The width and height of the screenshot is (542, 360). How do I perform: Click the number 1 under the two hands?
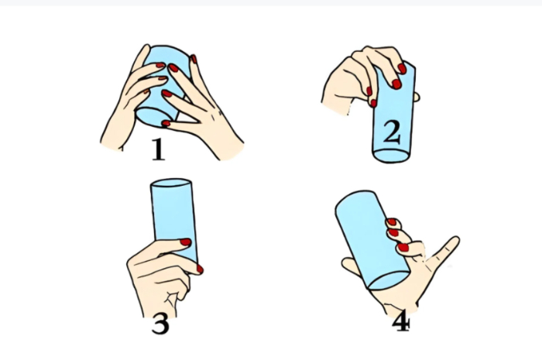pyautogui.click(x=159, y=149)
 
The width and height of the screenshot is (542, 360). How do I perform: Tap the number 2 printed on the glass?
pyautogui.click(x=392, y=132)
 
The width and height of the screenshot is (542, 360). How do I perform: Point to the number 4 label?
pyautogui.click(x=401, y=322)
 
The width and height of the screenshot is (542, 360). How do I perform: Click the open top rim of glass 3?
pyautogui.click(x=171, y=183)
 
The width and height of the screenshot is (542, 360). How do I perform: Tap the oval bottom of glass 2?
pyautogui.click(x=392, y=156)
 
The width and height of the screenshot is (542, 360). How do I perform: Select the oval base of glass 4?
pyautogui.click(x=389, y=280)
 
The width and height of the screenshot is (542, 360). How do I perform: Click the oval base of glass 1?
pyautogui.click(x=153, y=116)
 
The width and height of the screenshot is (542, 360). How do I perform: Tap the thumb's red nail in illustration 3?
pyautogui.click(x=186, y=242)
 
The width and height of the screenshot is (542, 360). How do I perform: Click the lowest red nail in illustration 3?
pyautogui.click(x=200, y=269)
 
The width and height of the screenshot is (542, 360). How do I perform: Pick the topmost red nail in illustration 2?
pyautogui.click(x=402, y=68)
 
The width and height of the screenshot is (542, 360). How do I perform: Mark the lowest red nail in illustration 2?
pyautogui.click(x=373, y=103)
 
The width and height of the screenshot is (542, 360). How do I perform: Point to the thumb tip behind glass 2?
pyautogui.click(x=417, y=97)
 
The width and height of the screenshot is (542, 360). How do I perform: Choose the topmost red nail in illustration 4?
pyautogui.click(x=392, y=221)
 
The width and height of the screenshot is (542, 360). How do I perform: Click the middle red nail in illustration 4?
pyautogui.click(x=393, y=232)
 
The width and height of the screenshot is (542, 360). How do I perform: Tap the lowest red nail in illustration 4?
pyautogui.click(x=403, y=248)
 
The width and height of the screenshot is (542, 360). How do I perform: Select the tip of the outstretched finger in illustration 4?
pyautogui.click(x=456, y=238)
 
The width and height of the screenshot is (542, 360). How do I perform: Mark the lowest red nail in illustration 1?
pyautogui.click(x=166, y=123)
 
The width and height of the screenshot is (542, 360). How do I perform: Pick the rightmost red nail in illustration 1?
pyautogui.click(x=194, y=59)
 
